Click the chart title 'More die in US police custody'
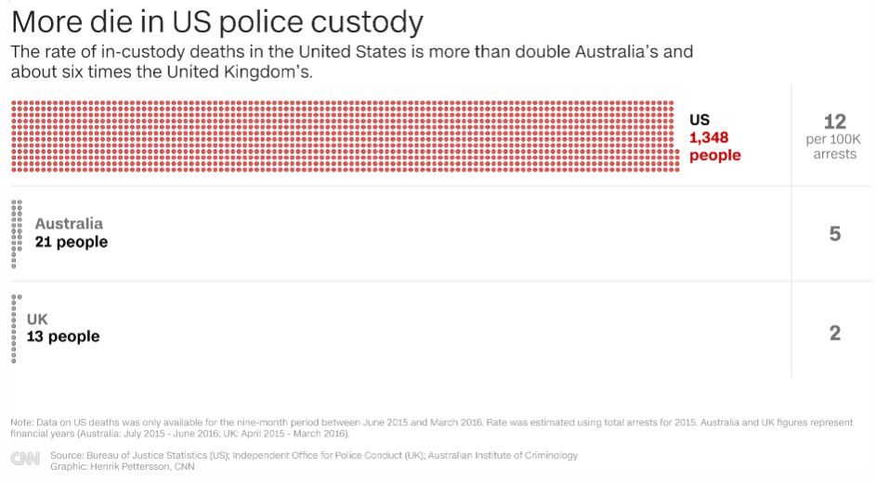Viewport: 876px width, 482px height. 216,21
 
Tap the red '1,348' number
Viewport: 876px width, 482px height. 709,137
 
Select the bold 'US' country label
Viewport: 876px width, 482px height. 699,120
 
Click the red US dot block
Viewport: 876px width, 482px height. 343,136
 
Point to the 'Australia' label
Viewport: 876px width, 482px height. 69,224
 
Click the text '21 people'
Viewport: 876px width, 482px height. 72,241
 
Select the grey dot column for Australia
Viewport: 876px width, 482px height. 17,233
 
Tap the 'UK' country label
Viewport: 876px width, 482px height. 37,319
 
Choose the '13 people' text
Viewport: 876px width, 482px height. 63,336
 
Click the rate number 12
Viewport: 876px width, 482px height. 834,122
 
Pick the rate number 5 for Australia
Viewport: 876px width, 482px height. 834,234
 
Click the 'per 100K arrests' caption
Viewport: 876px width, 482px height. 834,147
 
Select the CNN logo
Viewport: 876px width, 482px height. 25,460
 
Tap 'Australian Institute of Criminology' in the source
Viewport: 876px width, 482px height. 509,455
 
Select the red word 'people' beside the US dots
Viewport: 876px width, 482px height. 714,155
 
